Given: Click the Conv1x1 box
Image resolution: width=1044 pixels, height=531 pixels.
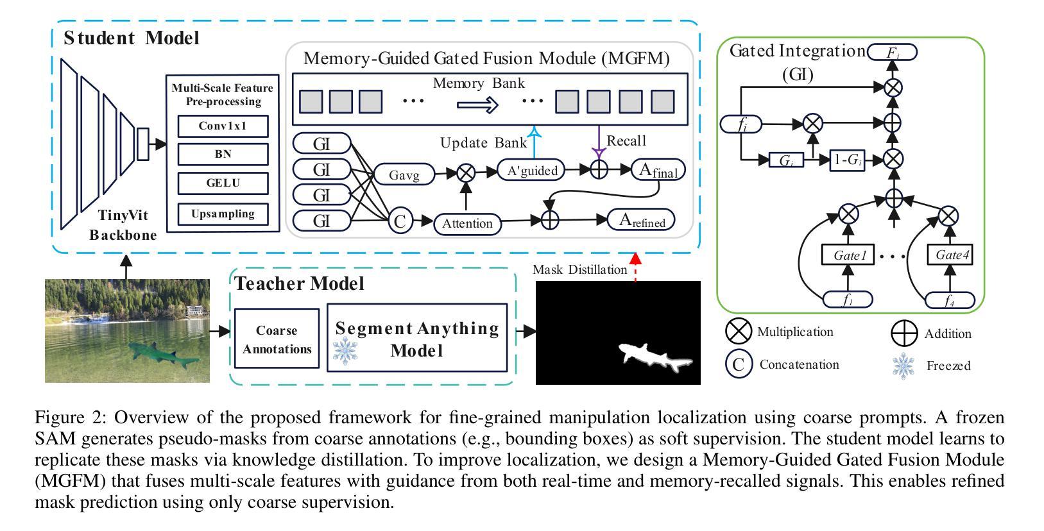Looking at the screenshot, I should (223, 126).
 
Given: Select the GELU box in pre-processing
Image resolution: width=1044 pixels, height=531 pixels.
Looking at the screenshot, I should (223, 183).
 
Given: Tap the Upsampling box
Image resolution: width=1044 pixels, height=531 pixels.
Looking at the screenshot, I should (223, 214).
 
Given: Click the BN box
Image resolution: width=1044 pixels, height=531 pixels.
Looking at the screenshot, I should (223, 155).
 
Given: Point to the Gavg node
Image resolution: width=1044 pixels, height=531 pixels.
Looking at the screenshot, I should (404, 174).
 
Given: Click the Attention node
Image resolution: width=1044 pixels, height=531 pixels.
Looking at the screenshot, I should (467, 223).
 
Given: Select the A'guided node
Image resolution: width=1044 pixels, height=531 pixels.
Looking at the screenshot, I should (532, 171).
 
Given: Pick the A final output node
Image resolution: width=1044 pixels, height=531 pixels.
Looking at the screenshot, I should (658, 171).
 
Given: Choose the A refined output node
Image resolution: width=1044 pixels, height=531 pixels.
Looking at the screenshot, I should (641, 220).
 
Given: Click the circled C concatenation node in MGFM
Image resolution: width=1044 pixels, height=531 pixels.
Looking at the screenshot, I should (400, 222).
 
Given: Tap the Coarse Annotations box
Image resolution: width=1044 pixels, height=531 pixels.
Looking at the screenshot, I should (277, 339).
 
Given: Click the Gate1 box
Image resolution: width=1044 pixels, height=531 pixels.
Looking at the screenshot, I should (850, 255).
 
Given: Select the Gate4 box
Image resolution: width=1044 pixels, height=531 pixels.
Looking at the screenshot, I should (952, 255).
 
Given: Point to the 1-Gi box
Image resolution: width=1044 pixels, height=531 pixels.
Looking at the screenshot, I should (847, 160).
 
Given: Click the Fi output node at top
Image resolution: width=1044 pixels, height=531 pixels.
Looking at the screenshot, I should (892, 52).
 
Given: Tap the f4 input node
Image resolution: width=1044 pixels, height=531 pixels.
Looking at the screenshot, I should (950, 300).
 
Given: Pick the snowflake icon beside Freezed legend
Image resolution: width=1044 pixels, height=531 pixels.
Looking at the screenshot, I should (903, 366).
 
